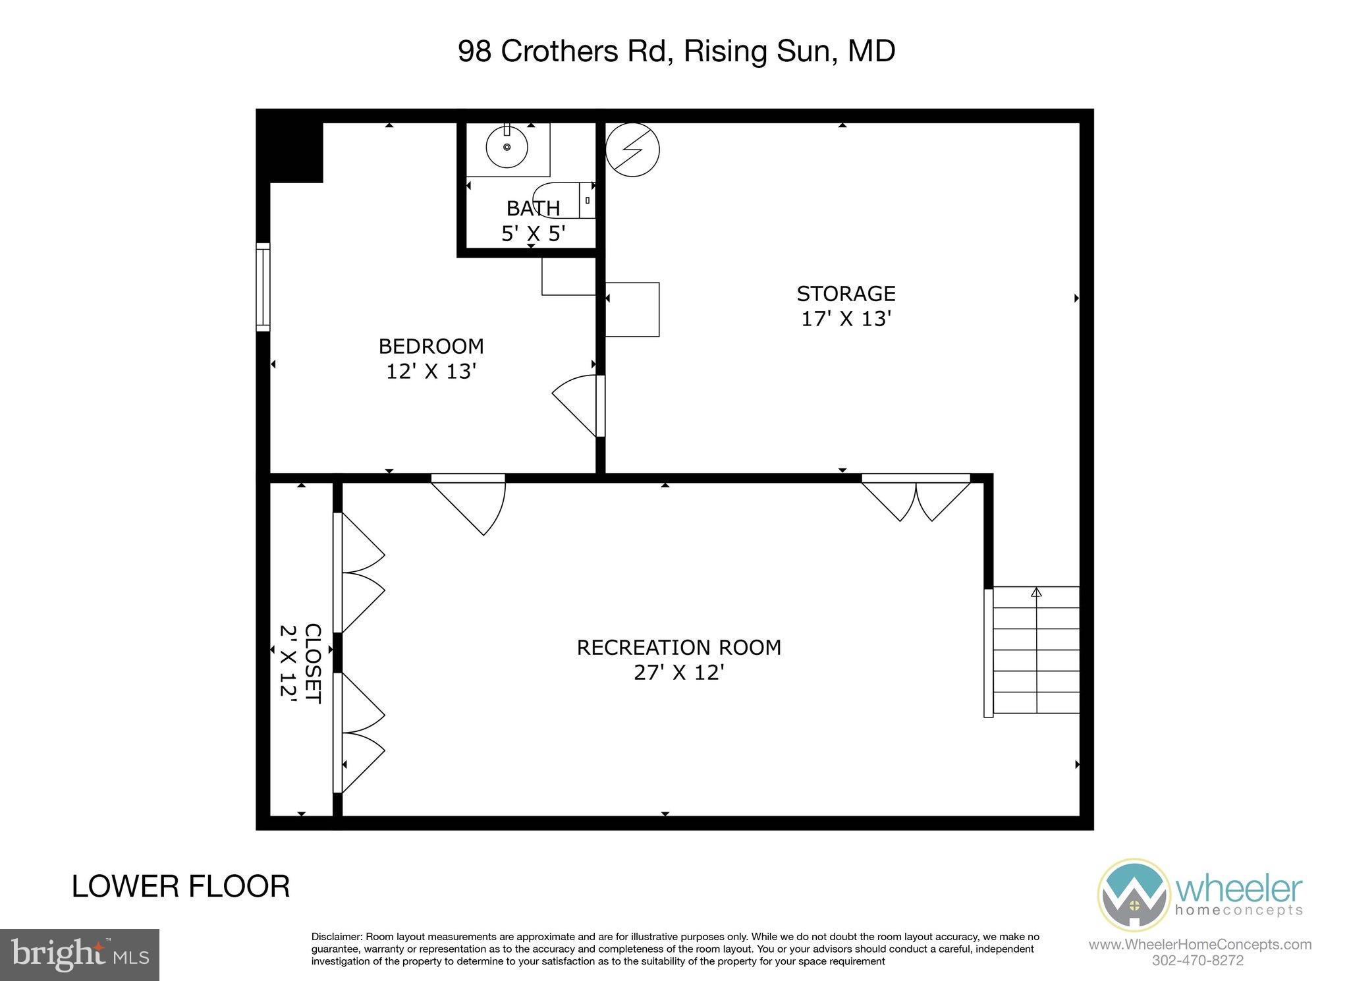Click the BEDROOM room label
coord(431,346)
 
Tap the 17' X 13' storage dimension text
coord(846,319)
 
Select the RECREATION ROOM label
coord(678,648)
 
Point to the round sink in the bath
coord(507,148)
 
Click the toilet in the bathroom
coord(573,199)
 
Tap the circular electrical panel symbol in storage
coord(632,150)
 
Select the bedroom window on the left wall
coord(263,287)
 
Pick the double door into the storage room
coord(916,497)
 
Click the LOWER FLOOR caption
coord(180,887)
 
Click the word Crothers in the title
coord(559,51)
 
